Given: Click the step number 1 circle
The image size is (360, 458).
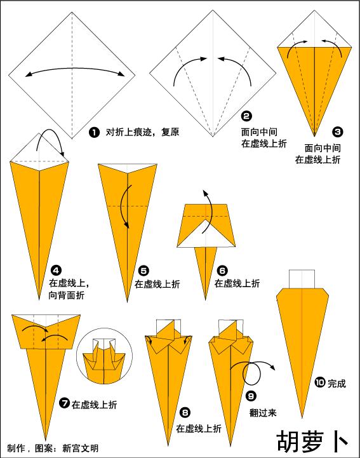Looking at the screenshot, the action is click(94, 132).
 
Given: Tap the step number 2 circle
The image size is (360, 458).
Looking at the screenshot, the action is click(246, 116).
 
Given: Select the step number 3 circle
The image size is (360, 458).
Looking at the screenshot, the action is click(337, 132).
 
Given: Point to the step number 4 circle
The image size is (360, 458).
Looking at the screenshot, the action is click(56, 271).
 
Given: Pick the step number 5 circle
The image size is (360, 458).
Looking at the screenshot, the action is click(143, 271).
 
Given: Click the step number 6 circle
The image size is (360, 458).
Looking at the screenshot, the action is click(222, 271).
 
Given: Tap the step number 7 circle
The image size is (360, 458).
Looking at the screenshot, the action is click(64, 403).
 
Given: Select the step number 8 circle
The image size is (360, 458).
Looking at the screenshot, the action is click(185, 413).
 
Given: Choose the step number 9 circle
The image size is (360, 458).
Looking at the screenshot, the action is click(251, 396).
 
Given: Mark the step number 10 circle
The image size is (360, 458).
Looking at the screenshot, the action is click(320, 382).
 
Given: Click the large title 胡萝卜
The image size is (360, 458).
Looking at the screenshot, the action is click(312, 441).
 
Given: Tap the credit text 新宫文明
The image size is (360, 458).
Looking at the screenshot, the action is click(80, 448).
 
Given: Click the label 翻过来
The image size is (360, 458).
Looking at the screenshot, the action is click(263, 413).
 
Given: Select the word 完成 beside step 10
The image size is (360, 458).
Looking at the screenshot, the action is click(337, 384).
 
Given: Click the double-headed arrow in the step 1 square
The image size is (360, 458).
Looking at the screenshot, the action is click(75, 69).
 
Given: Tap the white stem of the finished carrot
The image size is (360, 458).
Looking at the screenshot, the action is click(302, 280).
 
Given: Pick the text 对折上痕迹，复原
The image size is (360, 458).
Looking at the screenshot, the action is click(142, 132).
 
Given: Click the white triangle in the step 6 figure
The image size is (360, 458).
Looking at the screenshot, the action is click(206, 235).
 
